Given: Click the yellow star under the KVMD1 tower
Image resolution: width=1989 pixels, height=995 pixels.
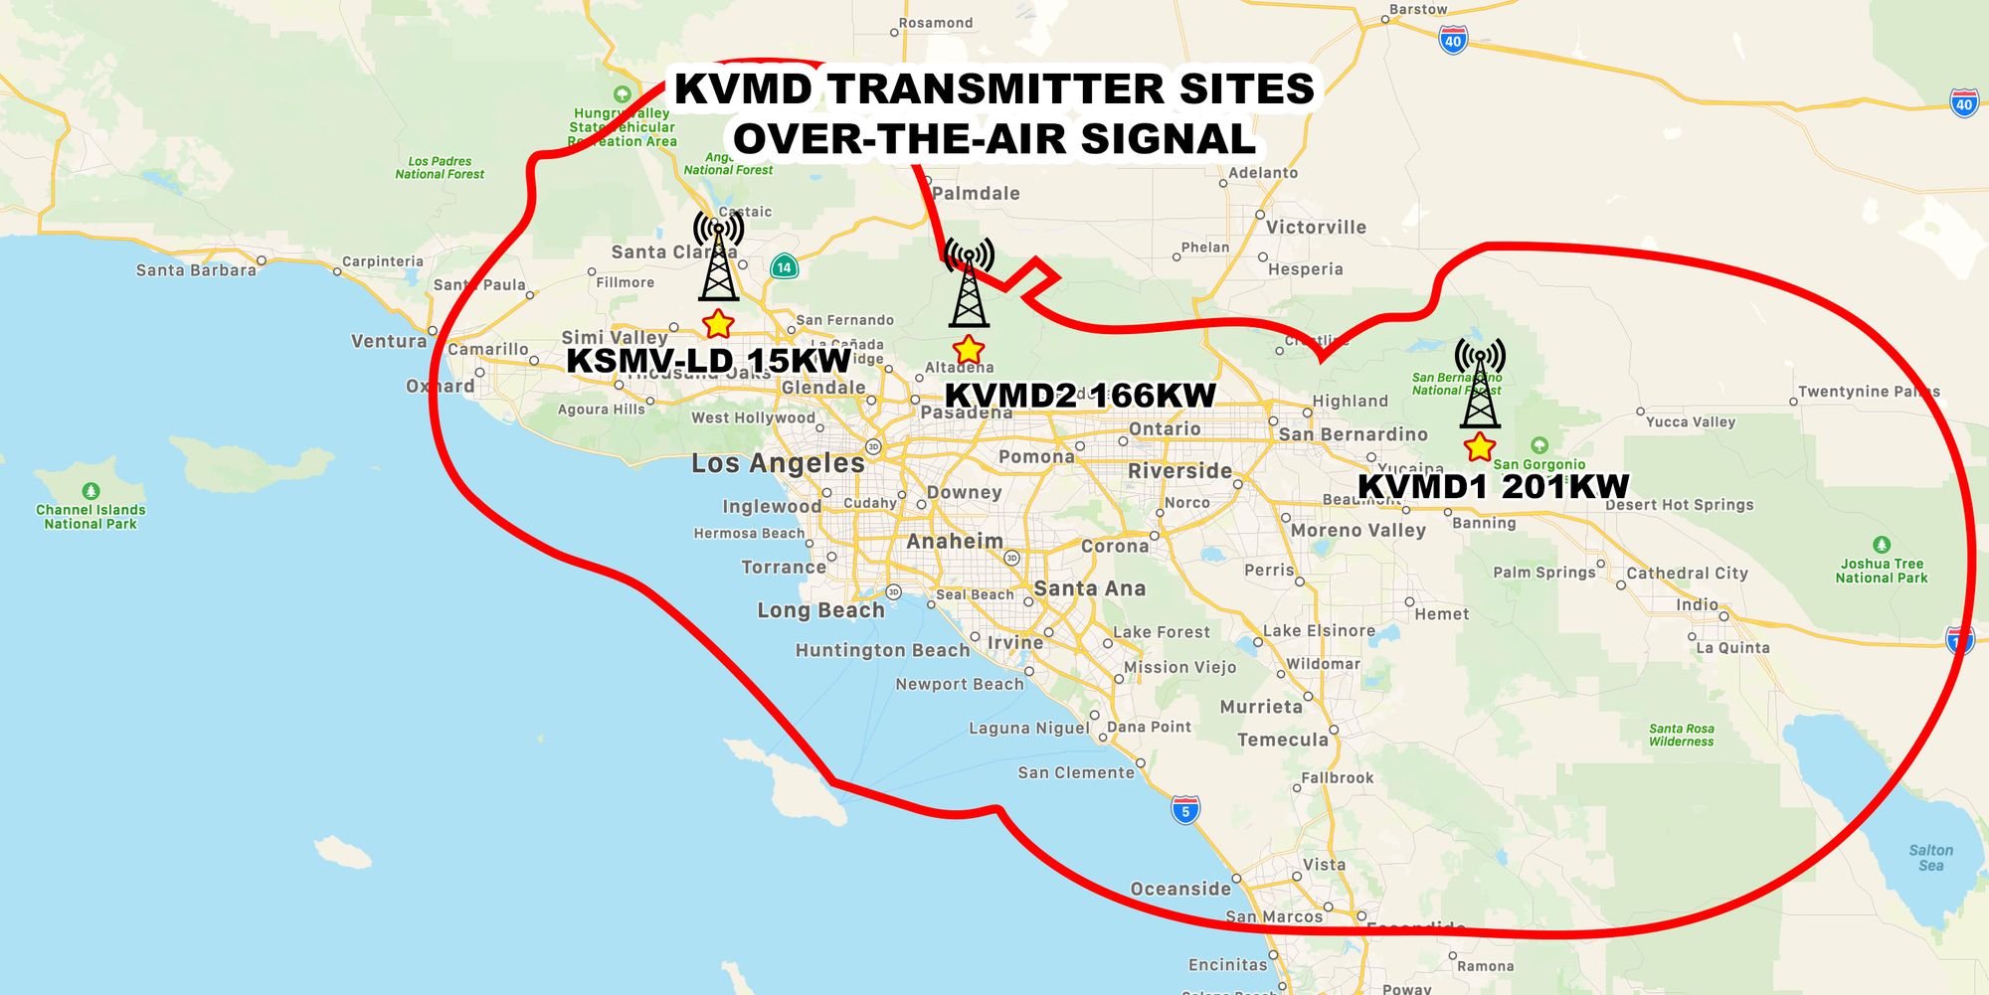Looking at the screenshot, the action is (1480, 447).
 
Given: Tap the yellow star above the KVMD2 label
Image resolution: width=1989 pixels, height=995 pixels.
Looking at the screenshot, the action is (968, 350).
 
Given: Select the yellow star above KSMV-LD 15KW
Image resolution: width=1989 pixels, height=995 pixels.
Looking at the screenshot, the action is (717, 324).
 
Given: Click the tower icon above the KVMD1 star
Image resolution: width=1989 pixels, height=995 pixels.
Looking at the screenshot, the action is (1480, 383).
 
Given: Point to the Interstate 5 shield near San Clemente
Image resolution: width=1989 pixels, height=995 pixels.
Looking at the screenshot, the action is (1184, 810).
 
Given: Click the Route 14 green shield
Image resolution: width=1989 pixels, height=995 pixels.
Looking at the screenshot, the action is (784, 266).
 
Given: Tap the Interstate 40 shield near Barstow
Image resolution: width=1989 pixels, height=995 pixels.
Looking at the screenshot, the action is (1453, 41).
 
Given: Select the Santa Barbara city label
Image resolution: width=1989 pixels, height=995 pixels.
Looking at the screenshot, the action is (196, 270).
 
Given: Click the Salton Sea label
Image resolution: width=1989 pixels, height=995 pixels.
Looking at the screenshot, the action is (1930, 858).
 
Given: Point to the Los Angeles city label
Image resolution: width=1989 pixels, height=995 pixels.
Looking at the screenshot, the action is (778, 463).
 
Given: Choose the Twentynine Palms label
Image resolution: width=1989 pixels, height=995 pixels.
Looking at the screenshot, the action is (1868, 392).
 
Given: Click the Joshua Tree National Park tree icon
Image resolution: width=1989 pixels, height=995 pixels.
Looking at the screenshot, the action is (1881, 545).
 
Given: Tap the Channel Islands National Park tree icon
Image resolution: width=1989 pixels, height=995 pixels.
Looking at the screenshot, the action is (90, 491).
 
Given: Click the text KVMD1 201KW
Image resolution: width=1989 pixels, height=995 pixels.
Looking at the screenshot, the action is (1493, 487).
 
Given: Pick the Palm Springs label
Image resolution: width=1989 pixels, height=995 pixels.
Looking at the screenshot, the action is (1543, 573).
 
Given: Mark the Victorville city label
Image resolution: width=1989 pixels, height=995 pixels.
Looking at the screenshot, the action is (1316, 228).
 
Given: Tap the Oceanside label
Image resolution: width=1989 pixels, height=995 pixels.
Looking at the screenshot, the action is (1180, 889).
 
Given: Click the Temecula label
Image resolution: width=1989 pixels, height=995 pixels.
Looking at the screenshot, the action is (1283, 740).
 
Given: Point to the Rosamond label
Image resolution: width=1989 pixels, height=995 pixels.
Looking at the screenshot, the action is (936, 23).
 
